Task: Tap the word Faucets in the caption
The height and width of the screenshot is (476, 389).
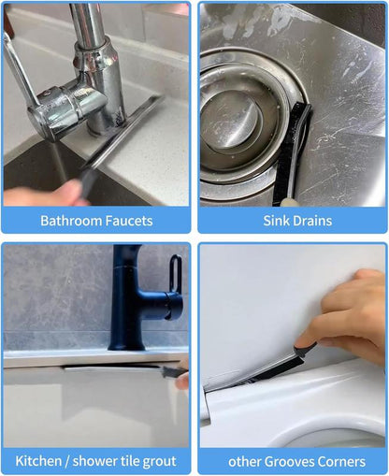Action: (x=129, y=222)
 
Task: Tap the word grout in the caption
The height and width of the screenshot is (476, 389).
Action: (x=163, y=461)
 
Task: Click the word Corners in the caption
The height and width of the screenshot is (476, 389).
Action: (x=345, y=461)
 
